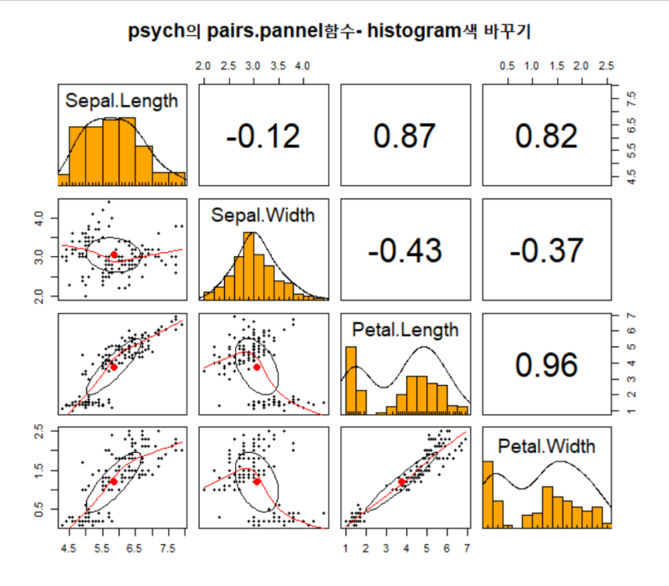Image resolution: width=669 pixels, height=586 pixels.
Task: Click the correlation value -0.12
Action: (x=262, y=136)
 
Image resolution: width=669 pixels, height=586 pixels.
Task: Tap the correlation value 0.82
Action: (x=545, y=136)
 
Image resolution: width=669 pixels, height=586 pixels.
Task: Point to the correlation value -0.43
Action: (x=404, y=250)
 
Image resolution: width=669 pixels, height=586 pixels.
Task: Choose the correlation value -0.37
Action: (x=545, y=250)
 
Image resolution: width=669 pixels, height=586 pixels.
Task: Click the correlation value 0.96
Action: (x=545, y=365)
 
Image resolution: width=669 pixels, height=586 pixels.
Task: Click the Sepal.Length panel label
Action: (x=121, y=101)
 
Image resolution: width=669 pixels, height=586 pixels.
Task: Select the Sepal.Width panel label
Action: (x=263, y=216)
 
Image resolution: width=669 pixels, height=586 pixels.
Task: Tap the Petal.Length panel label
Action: (x=405, y=330)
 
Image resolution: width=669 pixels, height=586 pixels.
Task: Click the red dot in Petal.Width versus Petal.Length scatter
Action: (x=401, y=482)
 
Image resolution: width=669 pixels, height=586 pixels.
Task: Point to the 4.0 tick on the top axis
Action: (x=303, y=65)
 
